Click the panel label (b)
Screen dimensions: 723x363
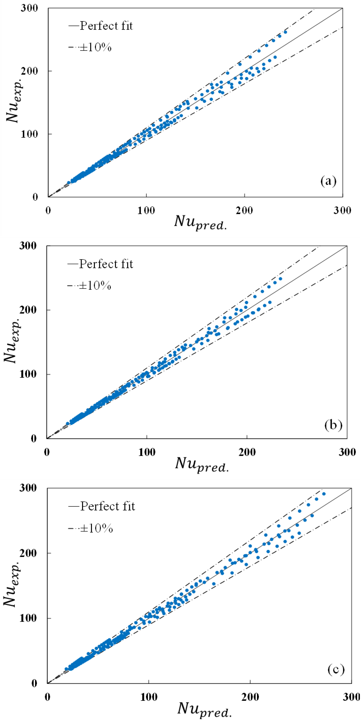click(333, 425)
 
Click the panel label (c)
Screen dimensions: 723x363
click(336, 669)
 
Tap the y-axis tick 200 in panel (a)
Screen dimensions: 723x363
click(29, 71)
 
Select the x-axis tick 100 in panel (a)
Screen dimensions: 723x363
click(146, 210)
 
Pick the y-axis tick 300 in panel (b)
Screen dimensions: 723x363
click(28, 246)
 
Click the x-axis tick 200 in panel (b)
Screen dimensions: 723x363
click(247, 452)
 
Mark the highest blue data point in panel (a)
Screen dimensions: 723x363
click(285, 32)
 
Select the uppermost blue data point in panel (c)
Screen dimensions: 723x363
click(324, 494)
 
